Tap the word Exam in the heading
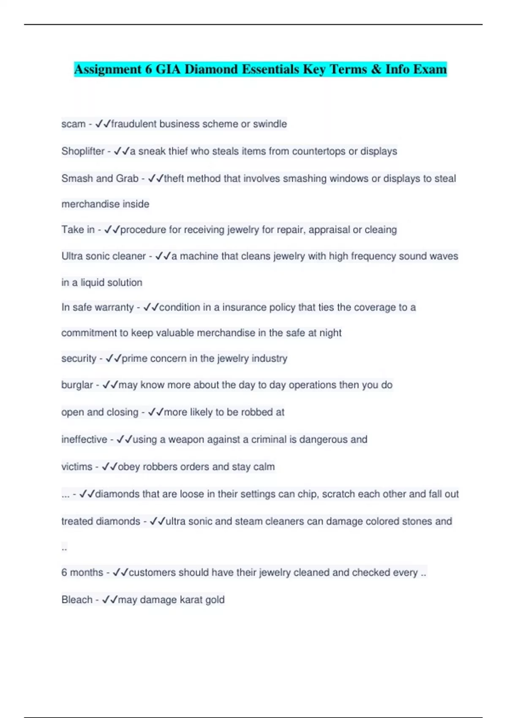(x=430, y=69)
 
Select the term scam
(x=73, y=124)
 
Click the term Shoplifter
(x=83, y=151)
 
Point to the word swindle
(x=270, y=124)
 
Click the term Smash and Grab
(x=100, y=179)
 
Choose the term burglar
(x=77, y=385)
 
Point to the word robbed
(x=257, y=412)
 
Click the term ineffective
(x=84, y=440)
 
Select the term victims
(x=76, y=467)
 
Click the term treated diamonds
(x=101, y=522)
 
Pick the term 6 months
(x=82, y=573)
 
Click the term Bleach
(x=76, y=600)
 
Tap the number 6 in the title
(x=148, y=69)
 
